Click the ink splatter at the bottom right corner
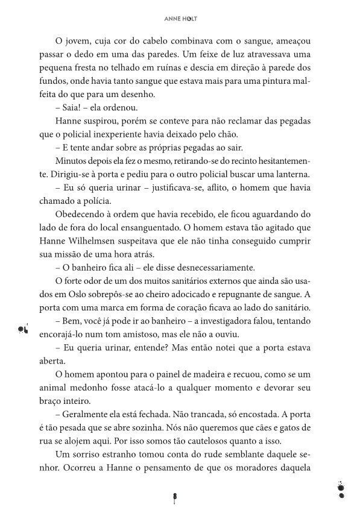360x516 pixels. pyautogui.click(x=341, y=489)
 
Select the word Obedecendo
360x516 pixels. pyautogui.click(x=81, y=215)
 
